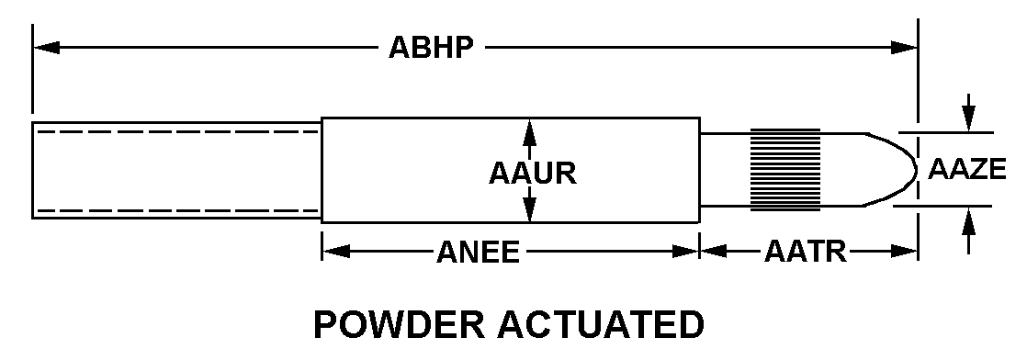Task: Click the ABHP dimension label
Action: [x=430, y=48]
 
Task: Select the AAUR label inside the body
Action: [x=533, y=173]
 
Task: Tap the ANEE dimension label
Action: [x=478, y=252]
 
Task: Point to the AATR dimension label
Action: [x=805, y=252]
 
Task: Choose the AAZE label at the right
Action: [x=966, y=170]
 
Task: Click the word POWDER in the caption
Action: [x=400, y=325]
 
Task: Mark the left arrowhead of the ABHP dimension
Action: [x=47, y=48]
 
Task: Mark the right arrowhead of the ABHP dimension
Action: [x=904, y=48]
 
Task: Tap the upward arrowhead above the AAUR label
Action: [x=530, y=132]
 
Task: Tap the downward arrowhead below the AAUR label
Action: [x=530, y=209]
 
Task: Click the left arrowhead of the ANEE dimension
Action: [x=335, y=252]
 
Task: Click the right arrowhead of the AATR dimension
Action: [x=904, y=252]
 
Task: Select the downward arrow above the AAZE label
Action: [x=969, y=113]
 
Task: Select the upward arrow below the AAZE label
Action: [x=969, y=229]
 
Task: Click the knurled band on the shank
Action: [x=784, y=170]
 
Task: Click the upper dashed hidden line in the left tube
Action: [x=178, y=131]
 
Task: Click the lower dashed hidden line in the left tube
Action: [x=178, y=210]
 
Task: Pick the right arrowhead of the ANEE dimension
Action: [x=686, y=252]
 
